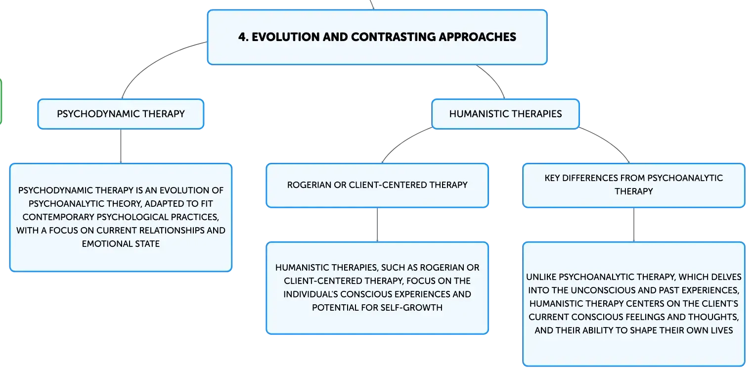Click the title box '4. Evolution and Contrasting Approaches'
pos(377,37)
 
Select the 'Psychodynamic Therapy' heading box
pos(121,114)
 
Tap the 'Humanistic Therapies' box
pos(505,114)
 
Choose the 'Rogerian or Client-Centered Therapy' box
pos(377,186)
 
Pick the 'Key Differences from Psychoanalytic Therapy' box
pos(634,186)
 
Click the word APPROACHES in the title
pos(477,37)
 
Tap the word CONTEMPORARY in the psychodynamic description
pos(58,217)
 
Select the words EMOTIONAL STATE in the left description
pos(121,244)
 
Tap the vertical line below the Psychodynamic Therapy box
pos(121,146)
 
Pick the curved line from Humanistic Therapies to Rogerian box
pos(403,141)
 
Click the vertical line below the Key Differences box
pos(634,225)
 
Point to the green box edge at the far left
pos(1,101)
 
